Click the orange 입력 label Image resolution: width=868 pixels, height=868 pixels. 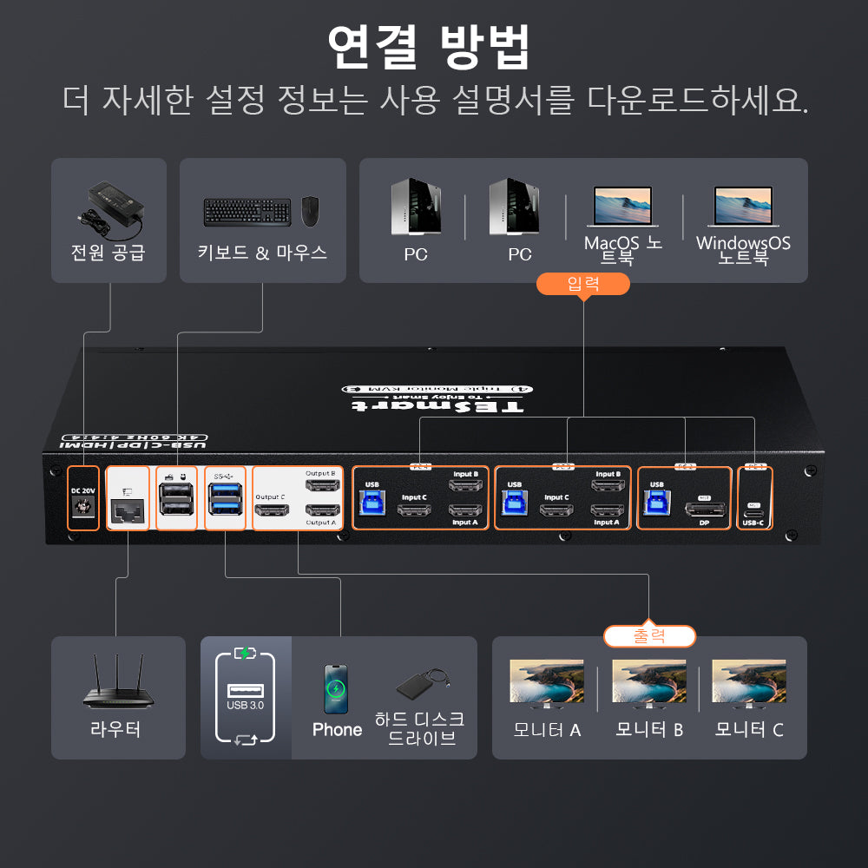582,284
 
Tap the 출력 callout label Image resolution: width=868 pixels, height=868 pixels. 649,636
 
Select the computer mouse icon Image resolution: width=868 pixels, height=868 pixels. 310,211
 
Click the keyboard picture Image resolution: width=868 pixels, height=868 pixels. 247,212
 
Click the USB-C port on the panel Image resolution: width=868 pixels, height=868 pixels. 753,503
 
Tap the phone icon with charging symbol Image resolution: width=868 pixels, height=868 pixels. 336,690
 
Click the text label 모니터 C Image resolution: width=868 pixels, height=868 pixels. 749,730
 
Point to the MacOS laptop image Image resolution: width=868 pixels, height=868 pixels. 622,207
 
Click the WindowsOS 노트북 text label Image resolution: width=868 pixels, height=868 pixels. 743,250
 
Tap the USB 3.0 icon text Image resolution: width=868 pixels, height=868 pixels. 245,706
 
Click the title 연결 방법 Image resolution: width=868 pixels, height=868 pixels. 429,49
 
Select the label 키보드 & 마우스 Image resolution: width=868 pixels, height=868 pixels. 262,253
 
